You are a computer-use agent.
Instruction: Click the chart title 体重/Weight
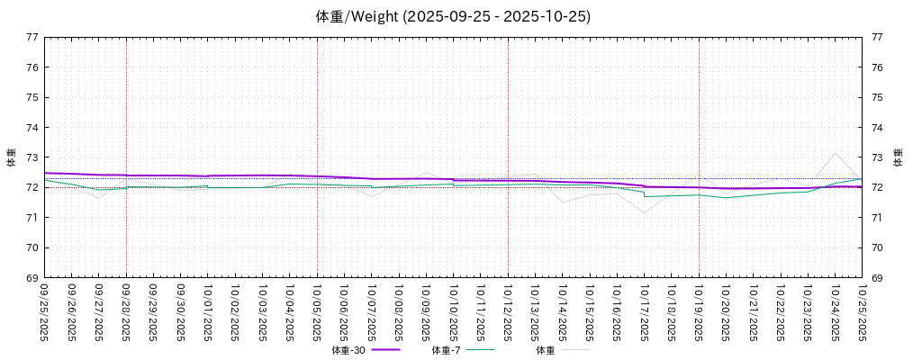coord(453,17)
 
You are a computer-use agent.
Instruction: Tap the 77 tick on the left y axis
coord(32,38)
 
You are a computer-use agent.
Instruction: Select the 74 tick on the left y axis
coord(32,128)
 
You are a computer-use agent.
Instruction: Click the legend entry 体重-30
coord(348,350)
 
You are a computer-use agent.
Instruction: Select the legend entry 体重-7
coord(447,350)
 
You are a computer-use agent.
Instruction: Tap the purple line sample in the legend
coord(385,350)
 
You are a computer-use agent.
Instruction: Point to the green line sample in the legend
coord(481,350)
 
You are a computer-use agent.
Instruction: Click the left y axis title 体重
coord(12,157)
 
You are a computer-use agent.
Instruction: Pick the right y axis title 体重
coord(898,157)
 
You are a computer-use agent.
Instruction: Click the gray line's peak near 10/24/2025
coord(835,153)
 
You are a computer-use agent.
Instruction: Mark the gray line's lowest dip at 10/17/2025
coord(644,213)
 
